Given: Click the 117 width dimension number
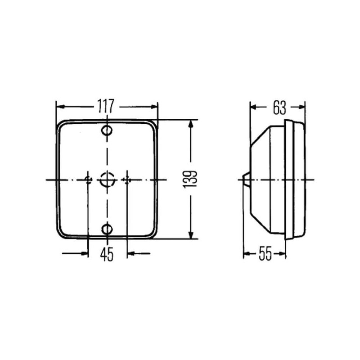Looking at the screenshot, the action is click(x=106, y=106).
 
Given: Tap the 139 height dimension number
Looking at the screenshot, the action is click(x=190, y=180).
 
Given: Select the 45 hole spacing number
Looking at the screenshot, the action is click(x=107, y=254).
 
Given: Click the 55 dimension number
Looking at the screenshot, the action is click(x=265, y=253).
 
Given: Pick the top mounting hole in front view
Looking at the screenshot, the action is click(x=107, y=131).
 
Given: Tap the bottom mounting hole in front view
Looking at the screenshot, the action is click(x=107, y=229).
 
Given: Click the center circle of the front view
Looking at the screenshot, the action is click(x=107, y=180).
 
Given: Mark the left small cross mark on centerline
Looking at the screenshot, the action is click(x=88, y=180).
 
